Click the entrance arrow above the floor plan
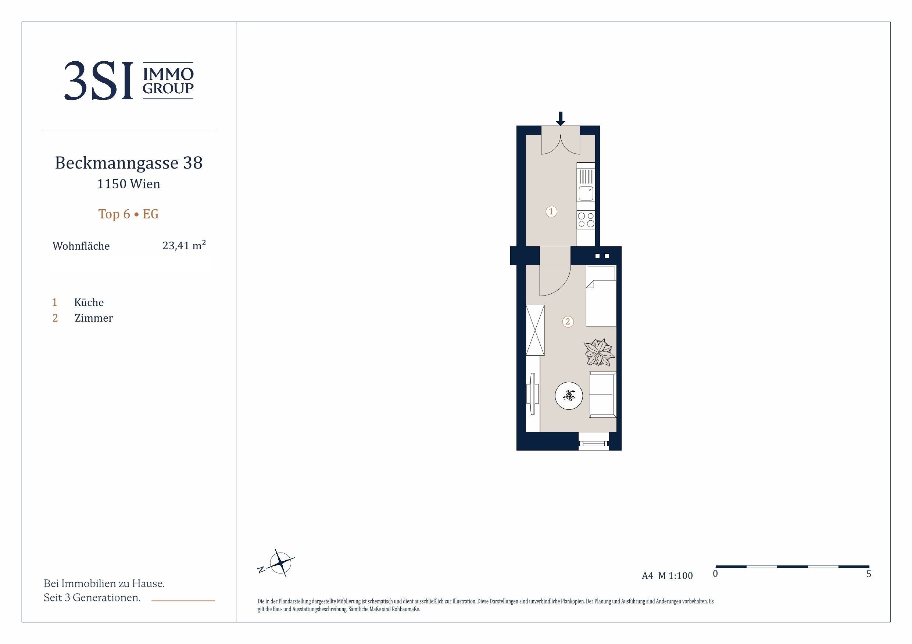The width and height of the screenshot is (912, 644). [561, 119]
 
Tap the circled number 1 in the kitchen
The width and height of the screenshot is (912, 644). [551, 211]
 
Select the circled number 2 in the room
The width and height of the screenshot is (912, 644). [568, 321]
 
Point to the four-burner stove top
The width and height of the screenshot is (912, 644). [586, 220]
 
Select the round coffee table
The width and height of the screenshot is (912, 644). [569, 395]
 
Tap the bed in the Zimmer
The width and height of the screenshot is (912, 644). [601, 296]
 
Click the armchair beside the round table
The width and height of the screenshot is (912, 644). [602, 395]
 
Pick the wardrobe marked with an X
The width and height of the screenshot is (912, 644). [535, 330]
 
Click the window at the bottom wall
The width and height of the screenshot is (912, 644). [593, 441]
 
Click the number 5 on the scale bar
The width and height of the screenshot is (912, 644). [869, 574]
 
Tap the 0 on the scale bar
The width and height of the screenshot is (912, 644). [715, 574]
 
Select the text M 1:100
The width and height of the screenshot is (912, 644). [675, 576]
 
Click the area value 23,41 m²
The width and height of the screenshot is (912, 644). [184, 245]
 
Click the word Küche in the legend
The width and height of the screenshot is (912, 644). [89, 303]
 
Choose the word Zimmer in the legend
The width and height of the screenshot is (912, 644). [94, 318]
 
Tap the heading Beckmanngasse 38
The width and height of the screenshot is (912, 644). [129, 163]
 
